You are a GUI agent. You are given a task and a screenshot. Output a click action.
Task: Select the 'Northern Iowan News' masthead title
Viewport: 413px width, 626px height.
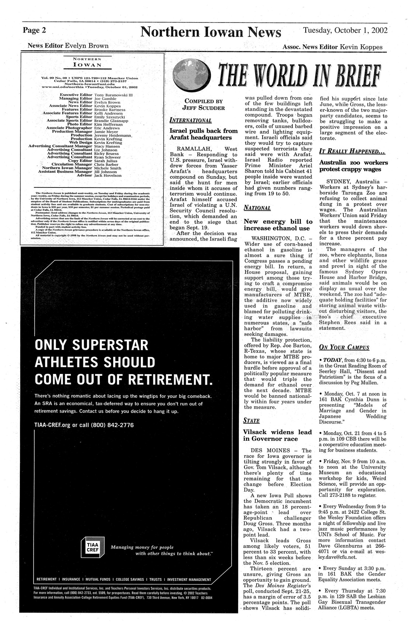pyautogui.click(x=210, y=32)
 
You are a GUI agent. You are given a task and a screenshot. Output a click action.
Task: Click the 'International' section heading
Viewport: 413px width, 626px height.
pyautogui.click(x=191, y=120)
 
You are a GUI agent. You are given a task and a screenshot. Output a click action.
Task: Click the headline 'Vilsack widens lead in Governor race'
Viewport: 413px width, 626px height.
pyautogui.click(x=277, y=435)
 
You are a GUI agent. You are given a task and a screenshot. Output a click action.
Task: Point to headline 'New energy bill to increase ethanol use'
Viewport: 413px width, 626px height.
pyautogui.click(x=278, y=225)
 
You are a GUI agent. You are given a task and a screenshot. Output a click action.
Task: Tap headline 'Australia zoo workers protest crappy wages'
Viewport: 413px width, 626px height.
pyautogui.click(x=353, y=166)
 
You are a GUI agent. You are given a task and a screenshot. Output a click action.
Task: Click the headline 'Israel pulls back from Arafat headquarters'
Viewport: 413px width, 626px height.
pyautogui.click(x=203, y=134)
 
